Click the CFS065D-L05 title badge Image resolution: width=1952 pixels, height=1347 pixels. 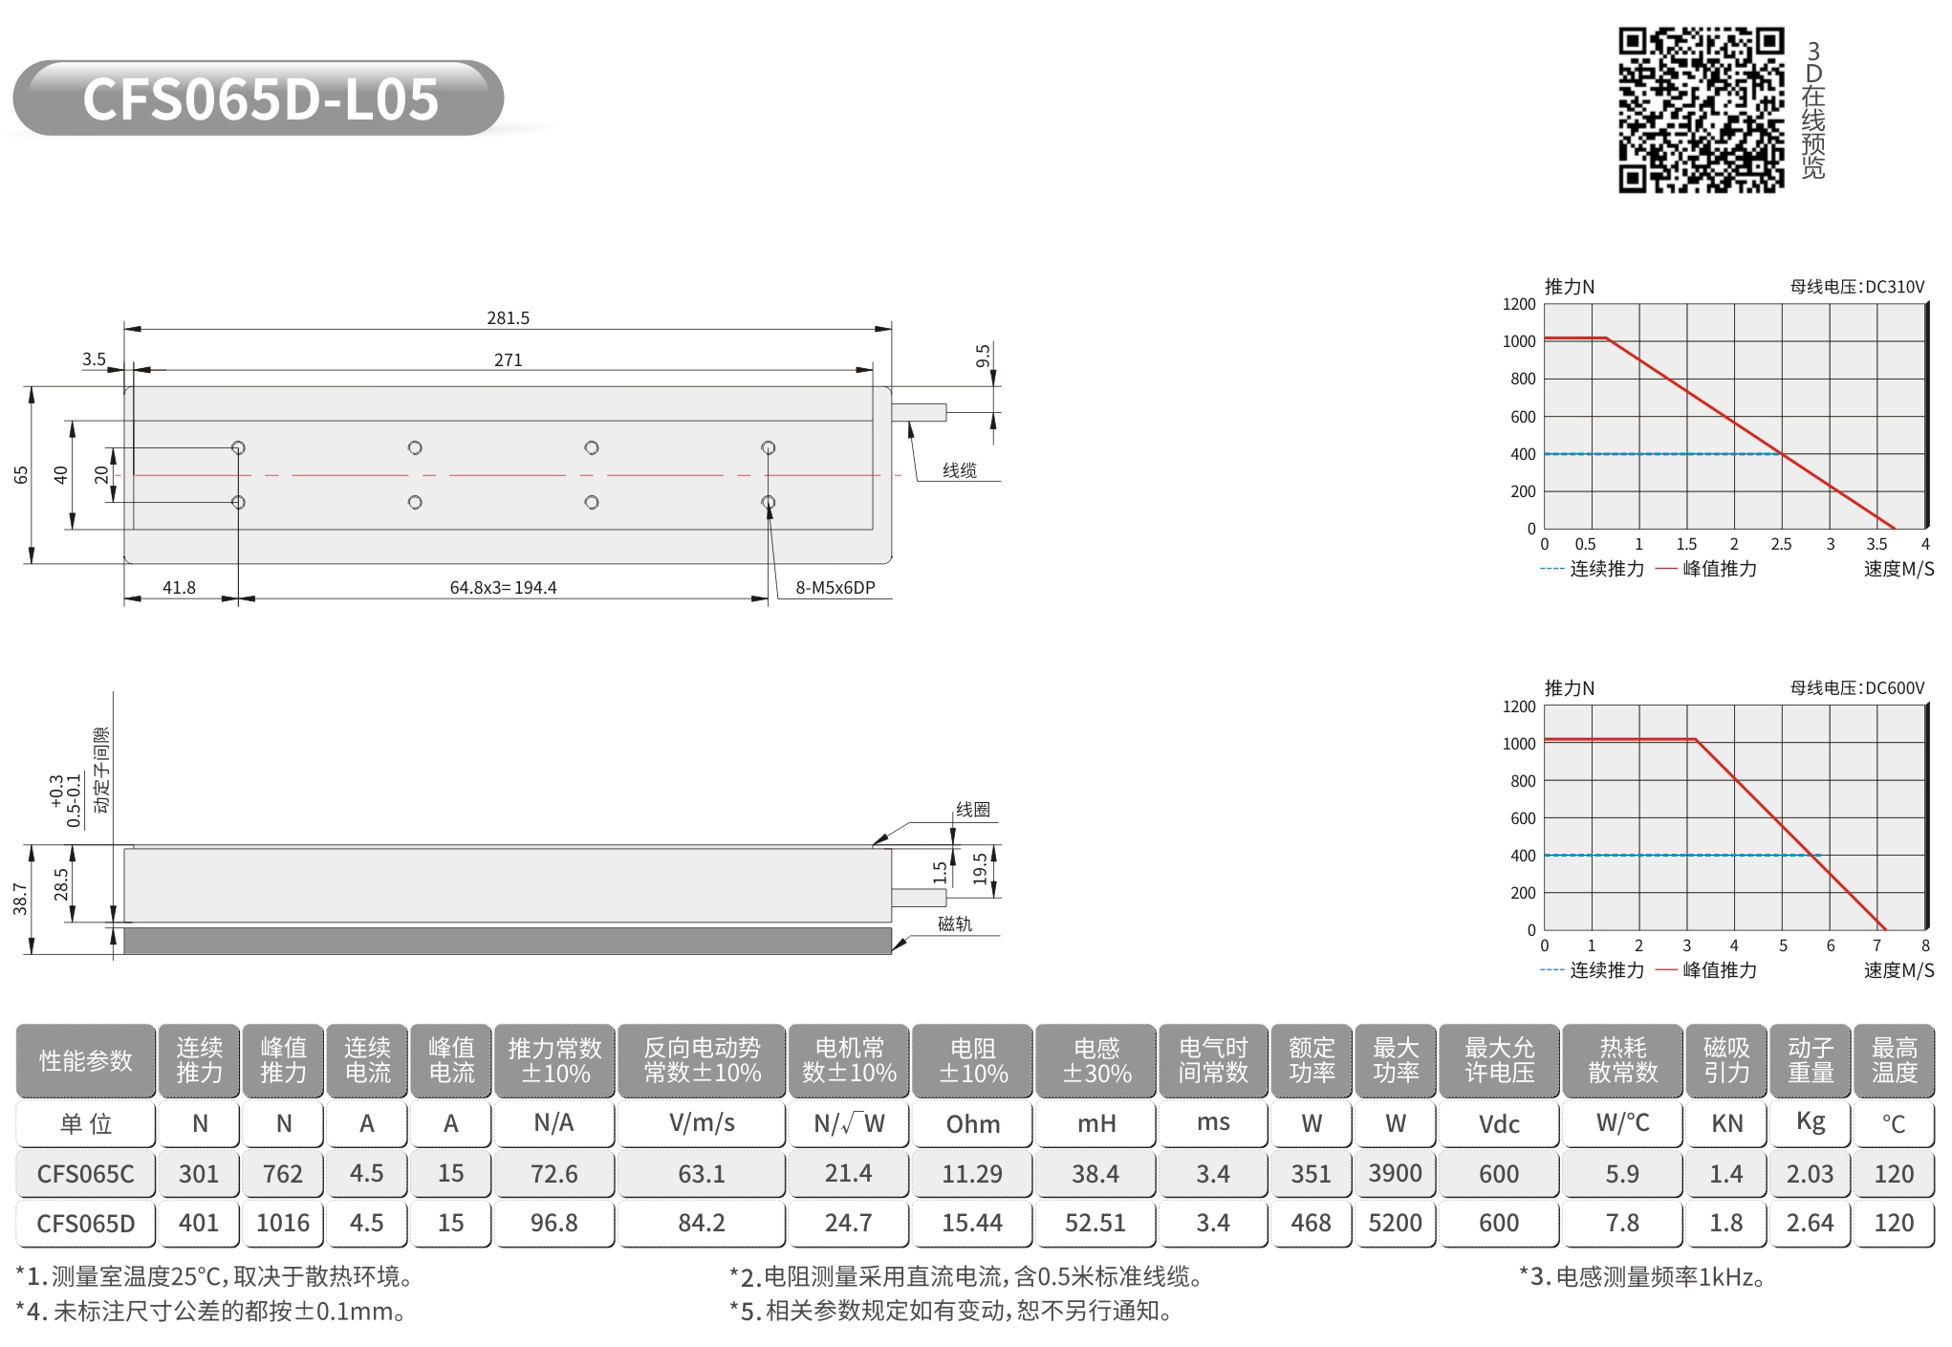tap(258, 98)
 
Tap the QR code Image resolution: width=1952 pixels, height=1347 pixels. tap(1701, 110)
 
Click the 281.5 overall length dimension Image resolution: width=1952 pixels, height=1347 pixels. tap(508, 318)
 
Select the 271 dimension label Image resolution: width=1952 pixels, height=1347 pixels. tap(508, 360)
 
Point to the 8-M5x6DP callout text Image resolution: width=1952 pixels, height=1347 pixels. tap(835, 588)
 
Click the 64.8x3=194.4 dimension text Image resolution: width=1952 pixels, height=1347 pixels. tap(504, 588)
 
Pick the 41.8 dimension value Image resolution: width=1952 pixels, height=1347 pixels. tap(179, 588)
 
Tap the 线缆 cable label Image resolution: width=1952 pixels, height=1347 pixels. tap(960, 470)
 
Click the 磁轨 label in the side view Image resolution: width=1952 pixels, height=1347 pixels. tap(954, 923)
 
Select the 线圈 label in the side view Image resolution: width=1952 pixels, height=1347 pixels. tap(973, 810)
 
